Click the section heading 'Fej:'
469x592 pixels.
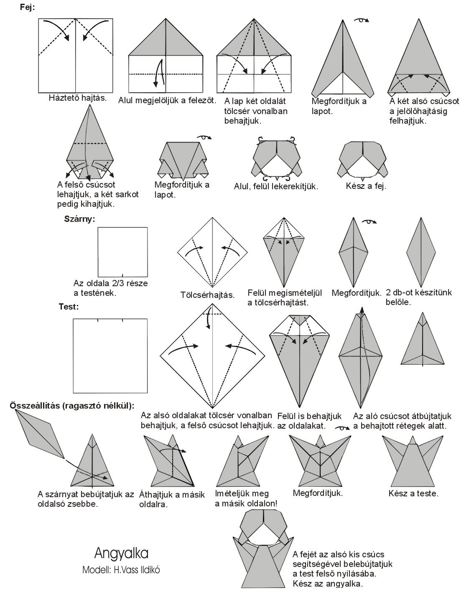point(28,7)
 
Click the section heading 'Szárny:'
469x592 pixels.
point(79,219)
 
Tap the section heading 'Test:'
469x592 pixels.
point(69,307)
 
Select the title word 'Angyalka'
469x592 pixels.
point(121,553)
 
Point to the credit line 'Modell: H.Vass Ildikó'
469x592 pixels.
point(121,569)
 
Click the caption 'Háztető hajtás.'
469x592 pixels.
point(77,98)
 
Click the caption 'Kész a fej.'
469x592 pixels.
point(366,186)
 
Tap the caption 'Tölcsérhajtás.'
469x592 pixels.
point(207,295)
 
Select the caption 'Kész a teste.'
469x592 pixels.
point(413,493)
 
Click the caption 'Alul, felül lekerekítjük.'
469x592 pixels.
point(276,186)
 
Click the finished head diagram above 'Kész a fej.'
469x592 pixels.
point(363,161)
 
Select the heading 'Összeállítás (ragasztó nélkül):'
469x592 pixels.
point(71,405)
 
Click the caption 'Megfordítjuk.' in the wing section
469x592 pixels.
point(356,293)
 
